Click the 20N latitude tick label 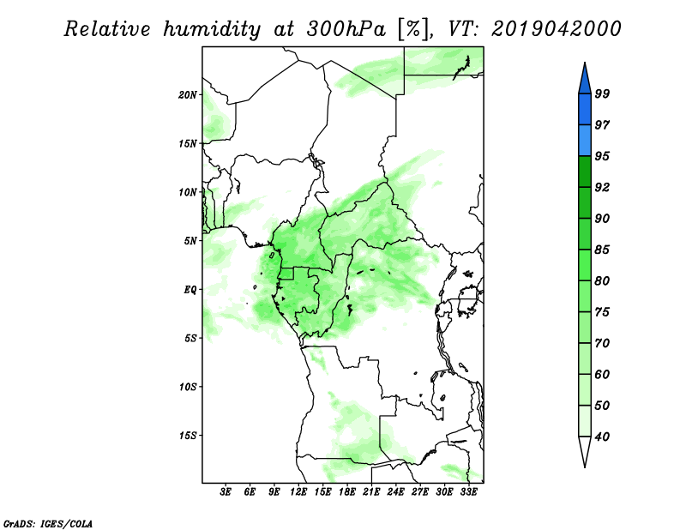click(188, 95)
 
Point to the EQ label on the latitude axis click(190, 290)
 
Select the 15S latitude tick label click(188, 436)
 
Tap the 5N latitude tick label click(190, 241)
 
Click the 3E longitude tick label click(226, 492)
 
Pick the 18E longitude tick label click(347, 492)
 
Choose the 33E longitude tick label click(468, 492)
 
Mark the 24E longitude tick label click(395, 492)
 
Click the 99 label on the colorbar click(602, 93)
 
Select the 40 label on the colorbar click(602, 437)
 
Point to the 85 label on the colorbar click(602, 250)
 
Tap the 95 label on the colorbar click(602, 156)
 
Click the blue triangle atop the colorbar click(585, 81)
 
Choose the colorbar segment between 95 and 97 click(585, 141)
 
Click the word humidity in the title click(212, 29)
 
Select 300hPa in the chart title click(346, 29)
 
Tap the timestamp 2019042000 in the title click(556, 29)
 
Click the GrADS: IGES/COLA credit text click(48, 523)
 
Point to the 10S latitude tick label click(188, 387)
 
